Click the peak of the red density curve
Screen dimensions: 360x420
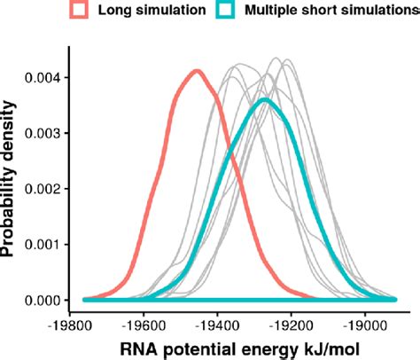(x=196, y=71)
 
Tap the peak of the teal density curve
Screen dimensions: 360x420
(x=264, y=99)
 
